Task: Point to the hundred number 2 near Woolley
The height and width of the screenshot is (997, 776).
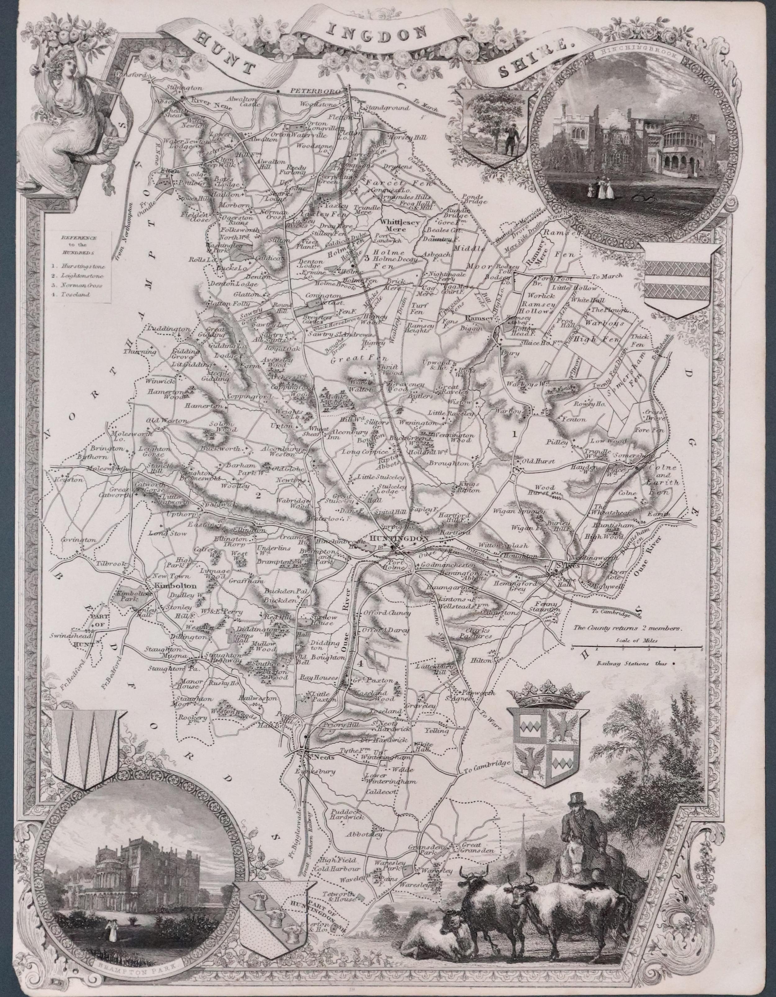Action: coord(258,496)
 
